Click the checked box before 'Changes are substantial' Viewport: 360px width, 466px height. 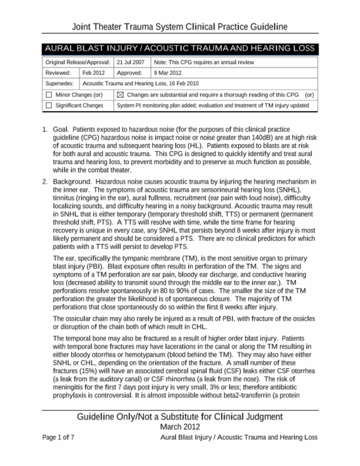click(x=120, y=95)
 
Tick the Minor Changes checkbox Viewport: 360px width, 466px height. click(x=49, y=95)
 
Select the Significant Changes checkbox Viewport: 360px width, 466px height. click(x=49, y=105)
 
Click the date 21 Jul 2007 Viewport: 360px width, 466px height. click(x=130, y=62)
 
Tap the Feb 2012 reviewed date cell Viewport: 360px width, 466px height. click(x=94, y=73)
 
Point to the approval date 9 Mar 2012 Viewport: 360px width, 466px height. click(x=168, y=73)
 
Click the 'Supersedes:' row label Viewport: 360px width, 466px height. click(x=59, y=83)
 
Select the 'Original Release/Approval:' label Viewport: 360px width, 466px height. click(x=78, y=62)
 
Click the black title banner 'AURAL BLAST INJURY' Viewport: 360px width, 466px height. click(x=180, y=49)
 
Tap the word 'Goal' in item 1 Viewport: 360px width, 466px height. click(x=61, y=129)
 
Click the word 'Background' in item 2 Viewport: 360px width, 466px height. click(x=72, y=182)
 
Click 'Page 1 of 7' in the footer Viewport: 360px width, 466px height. click(x=58, y=437)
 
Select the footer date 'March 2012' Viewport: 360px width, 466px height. click(x=180, y=427)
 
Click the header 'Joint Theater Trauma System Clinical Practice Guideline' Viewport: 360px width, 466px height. click(x=180, y=27)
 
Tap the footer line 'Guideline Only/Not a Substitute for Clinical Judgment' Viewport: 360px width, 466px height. click(x=180, y=417)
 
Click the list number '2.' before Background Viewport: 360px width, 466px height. click(x=45, y=182)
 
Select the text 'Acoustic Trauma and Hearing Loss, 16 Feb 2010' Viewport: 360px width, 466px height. click(x=140, y=83)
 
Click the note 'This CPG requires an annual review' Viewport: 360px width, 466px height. click(x=211, y=62)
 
